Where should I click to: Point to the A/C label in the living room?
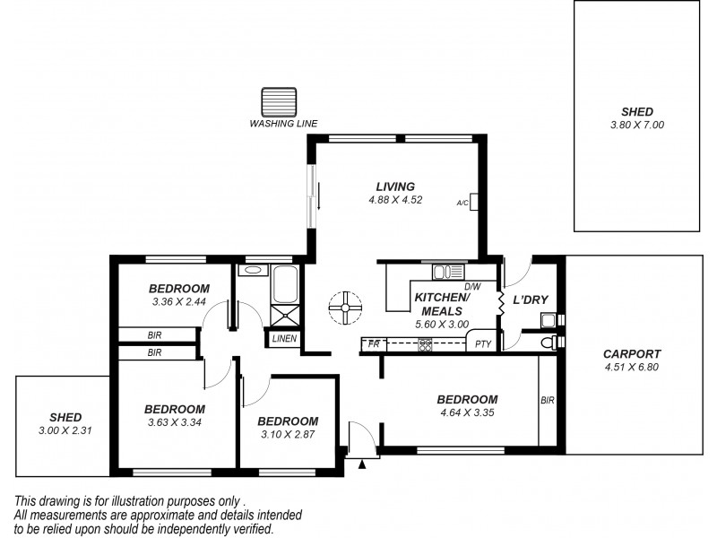462,204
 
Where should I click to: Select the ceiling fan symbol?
343,308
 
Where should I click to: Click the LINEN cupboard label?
285,339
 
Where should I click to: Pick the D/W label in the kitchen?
472,286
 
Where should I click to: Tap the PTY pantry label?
483,343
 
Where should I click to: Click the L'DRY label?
530,299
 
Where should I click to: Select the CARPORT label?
632,353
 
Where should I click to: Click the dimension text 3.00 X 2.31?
65,430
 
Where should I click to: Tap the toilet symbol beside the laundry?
549,342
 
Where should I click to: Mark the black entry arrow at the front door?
362,464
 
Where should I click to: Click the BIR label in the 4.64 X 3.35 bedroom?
548,401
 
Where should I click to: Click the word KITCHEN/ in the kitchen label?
440,298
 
